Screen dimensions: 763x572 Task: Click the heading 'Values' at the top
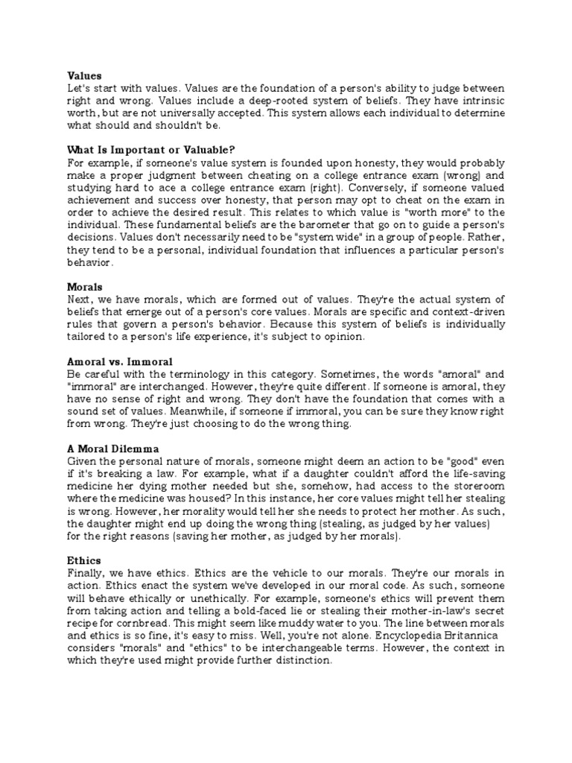(84, 75)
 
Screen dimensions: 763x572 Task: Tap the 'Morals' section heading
(84, 286)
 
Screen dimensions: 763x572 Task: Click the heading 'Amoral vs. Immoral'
(114, 361)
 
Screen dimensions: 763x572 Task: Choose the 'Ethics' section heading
(84, 560)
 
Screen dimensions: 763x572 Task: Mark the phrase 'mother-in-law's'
(431, 610)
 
